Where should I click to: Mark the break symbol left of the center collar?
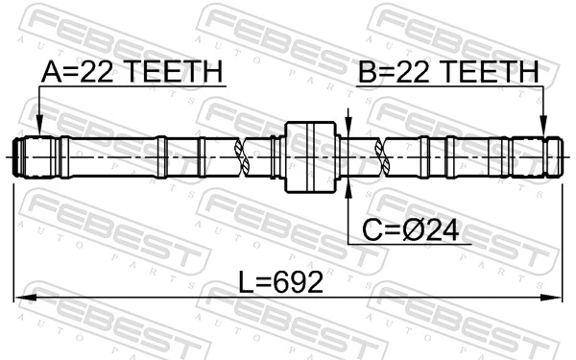point(249,156)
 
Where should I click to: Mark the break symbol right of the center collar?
point(383,156)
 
